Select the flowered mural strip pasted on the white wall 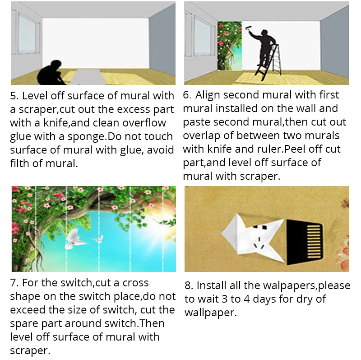[x=229, y=46]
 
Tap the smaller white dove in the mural [x=98, y=239]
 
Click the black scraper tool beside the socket [x=304, y=242]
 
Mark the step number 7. [x=14, y=283]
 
